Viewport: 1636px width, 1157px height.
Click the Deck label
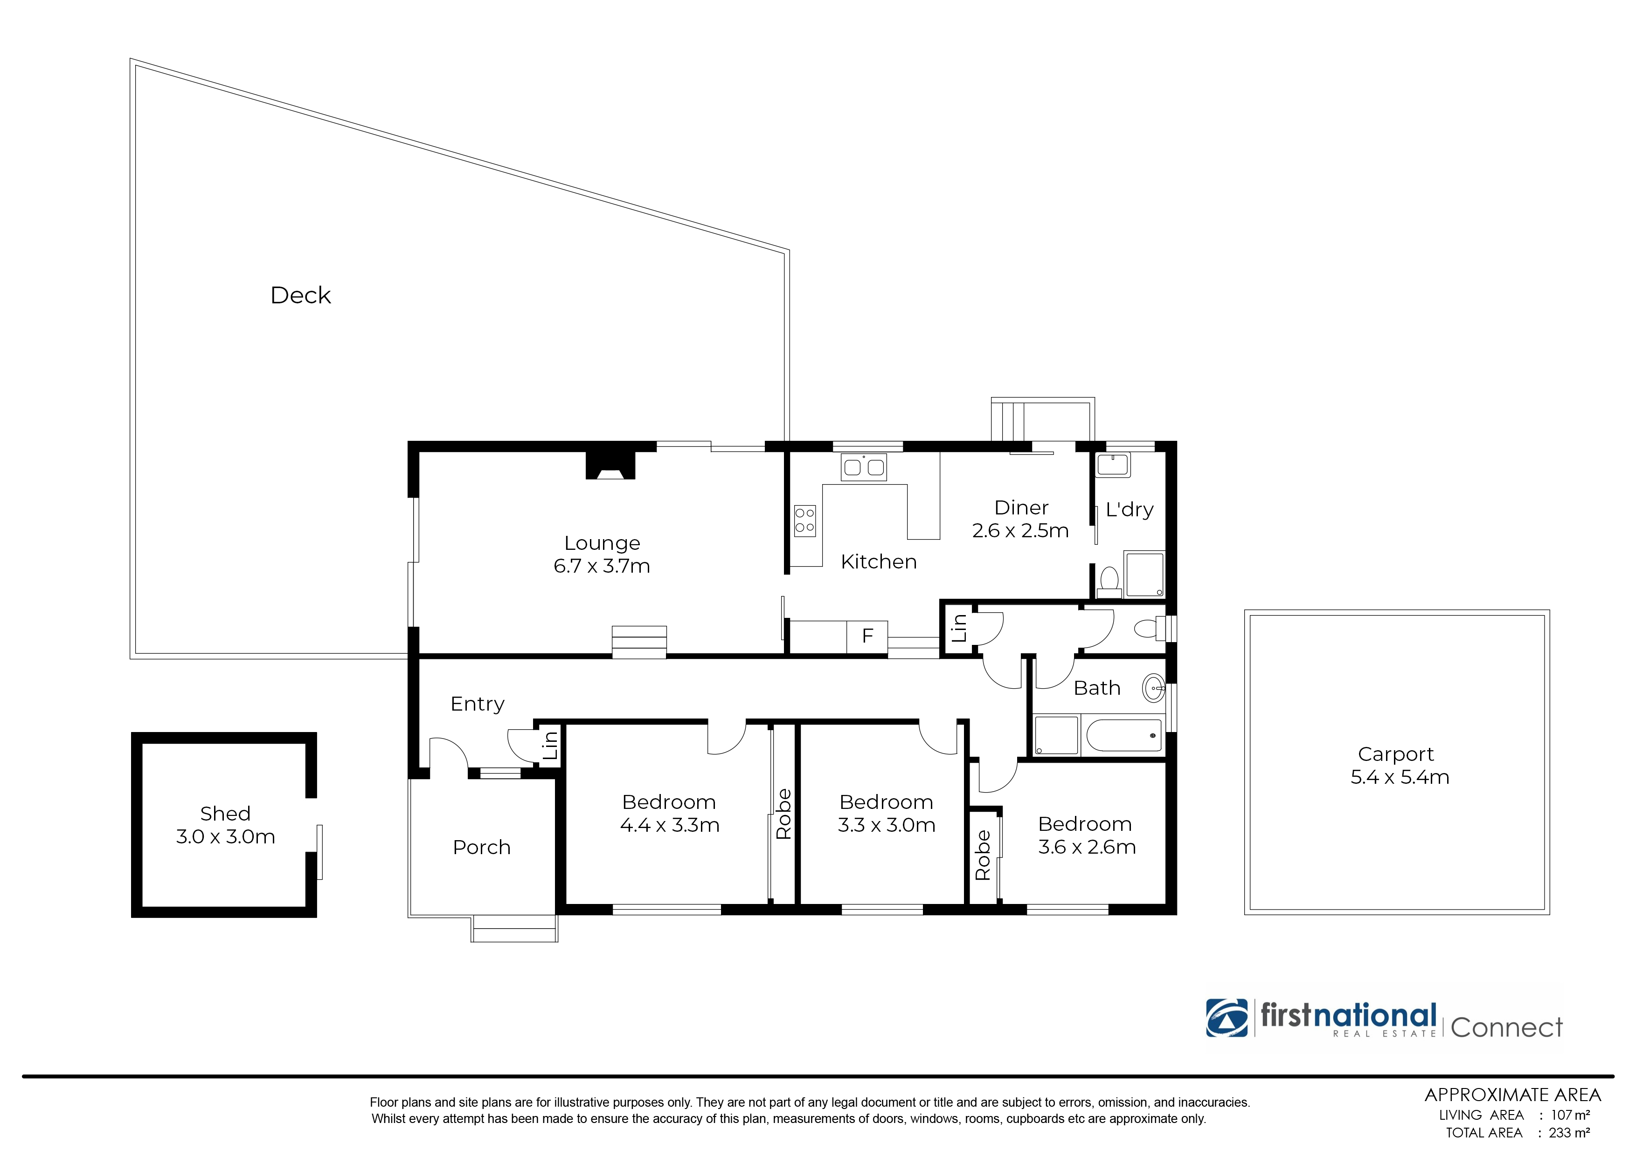pyautogui.click(x=300, y=295)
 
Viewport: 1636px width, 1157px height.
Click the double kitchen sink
pyautogui.click(x=863, y=467)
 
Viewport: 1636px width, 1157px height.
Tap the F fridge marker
pyautogui.click(x=867, y=636)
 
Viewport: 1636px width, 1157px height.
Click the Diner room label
pyautogui.click(x=1021, y=507)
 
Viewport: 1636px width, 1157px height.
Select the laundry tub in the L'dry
pyautogui.click(x=1113, y=465)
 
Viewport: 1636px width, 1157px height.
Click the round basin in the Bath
pyautogui.click(x=1153, y=689)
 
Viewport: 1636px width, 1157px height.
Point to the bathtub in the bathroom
pyautogui.click(x=1123, y=736)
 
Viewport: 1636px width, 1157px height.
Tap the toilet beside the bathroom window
pyautogui.click(x=1148, y=629)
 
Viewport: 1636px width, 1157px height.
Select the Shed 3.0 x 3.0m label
pyautogui.click(x=225, y=825)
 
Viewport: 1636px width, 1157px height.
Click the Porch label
pyautogui.click(x=482, y=847)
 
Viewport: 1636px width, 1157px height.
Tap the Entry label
pyautogui.click(x=478, y=704)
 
